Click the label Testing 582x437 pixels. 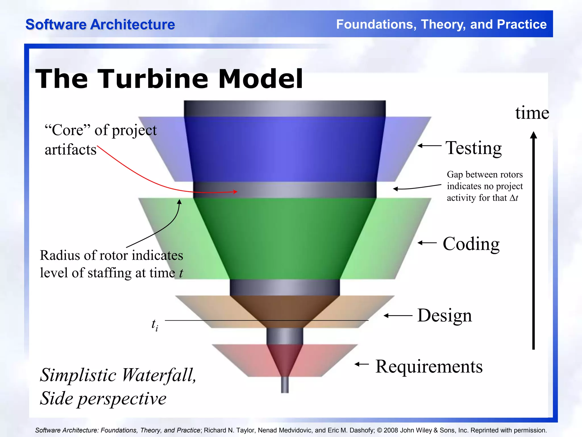coord(473,148)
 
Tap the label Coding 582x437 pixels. coord(471,244)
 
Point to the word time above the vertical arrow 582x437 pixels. coord(532,113)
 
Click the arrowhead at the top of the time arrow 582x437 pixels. coord(533,135)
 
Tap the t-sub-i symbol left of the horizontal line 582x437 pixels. coord(155,325)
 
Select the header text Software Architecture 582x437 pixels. coord(100,24)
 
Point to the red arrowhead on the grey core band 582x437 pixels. coord(235,192)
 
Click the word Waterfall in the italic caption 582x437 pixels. coord(158,375)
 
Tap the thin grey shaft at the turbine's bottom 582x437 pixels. coord(285,385)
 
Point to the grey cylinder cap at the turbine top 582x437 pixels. coord(285,108)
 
